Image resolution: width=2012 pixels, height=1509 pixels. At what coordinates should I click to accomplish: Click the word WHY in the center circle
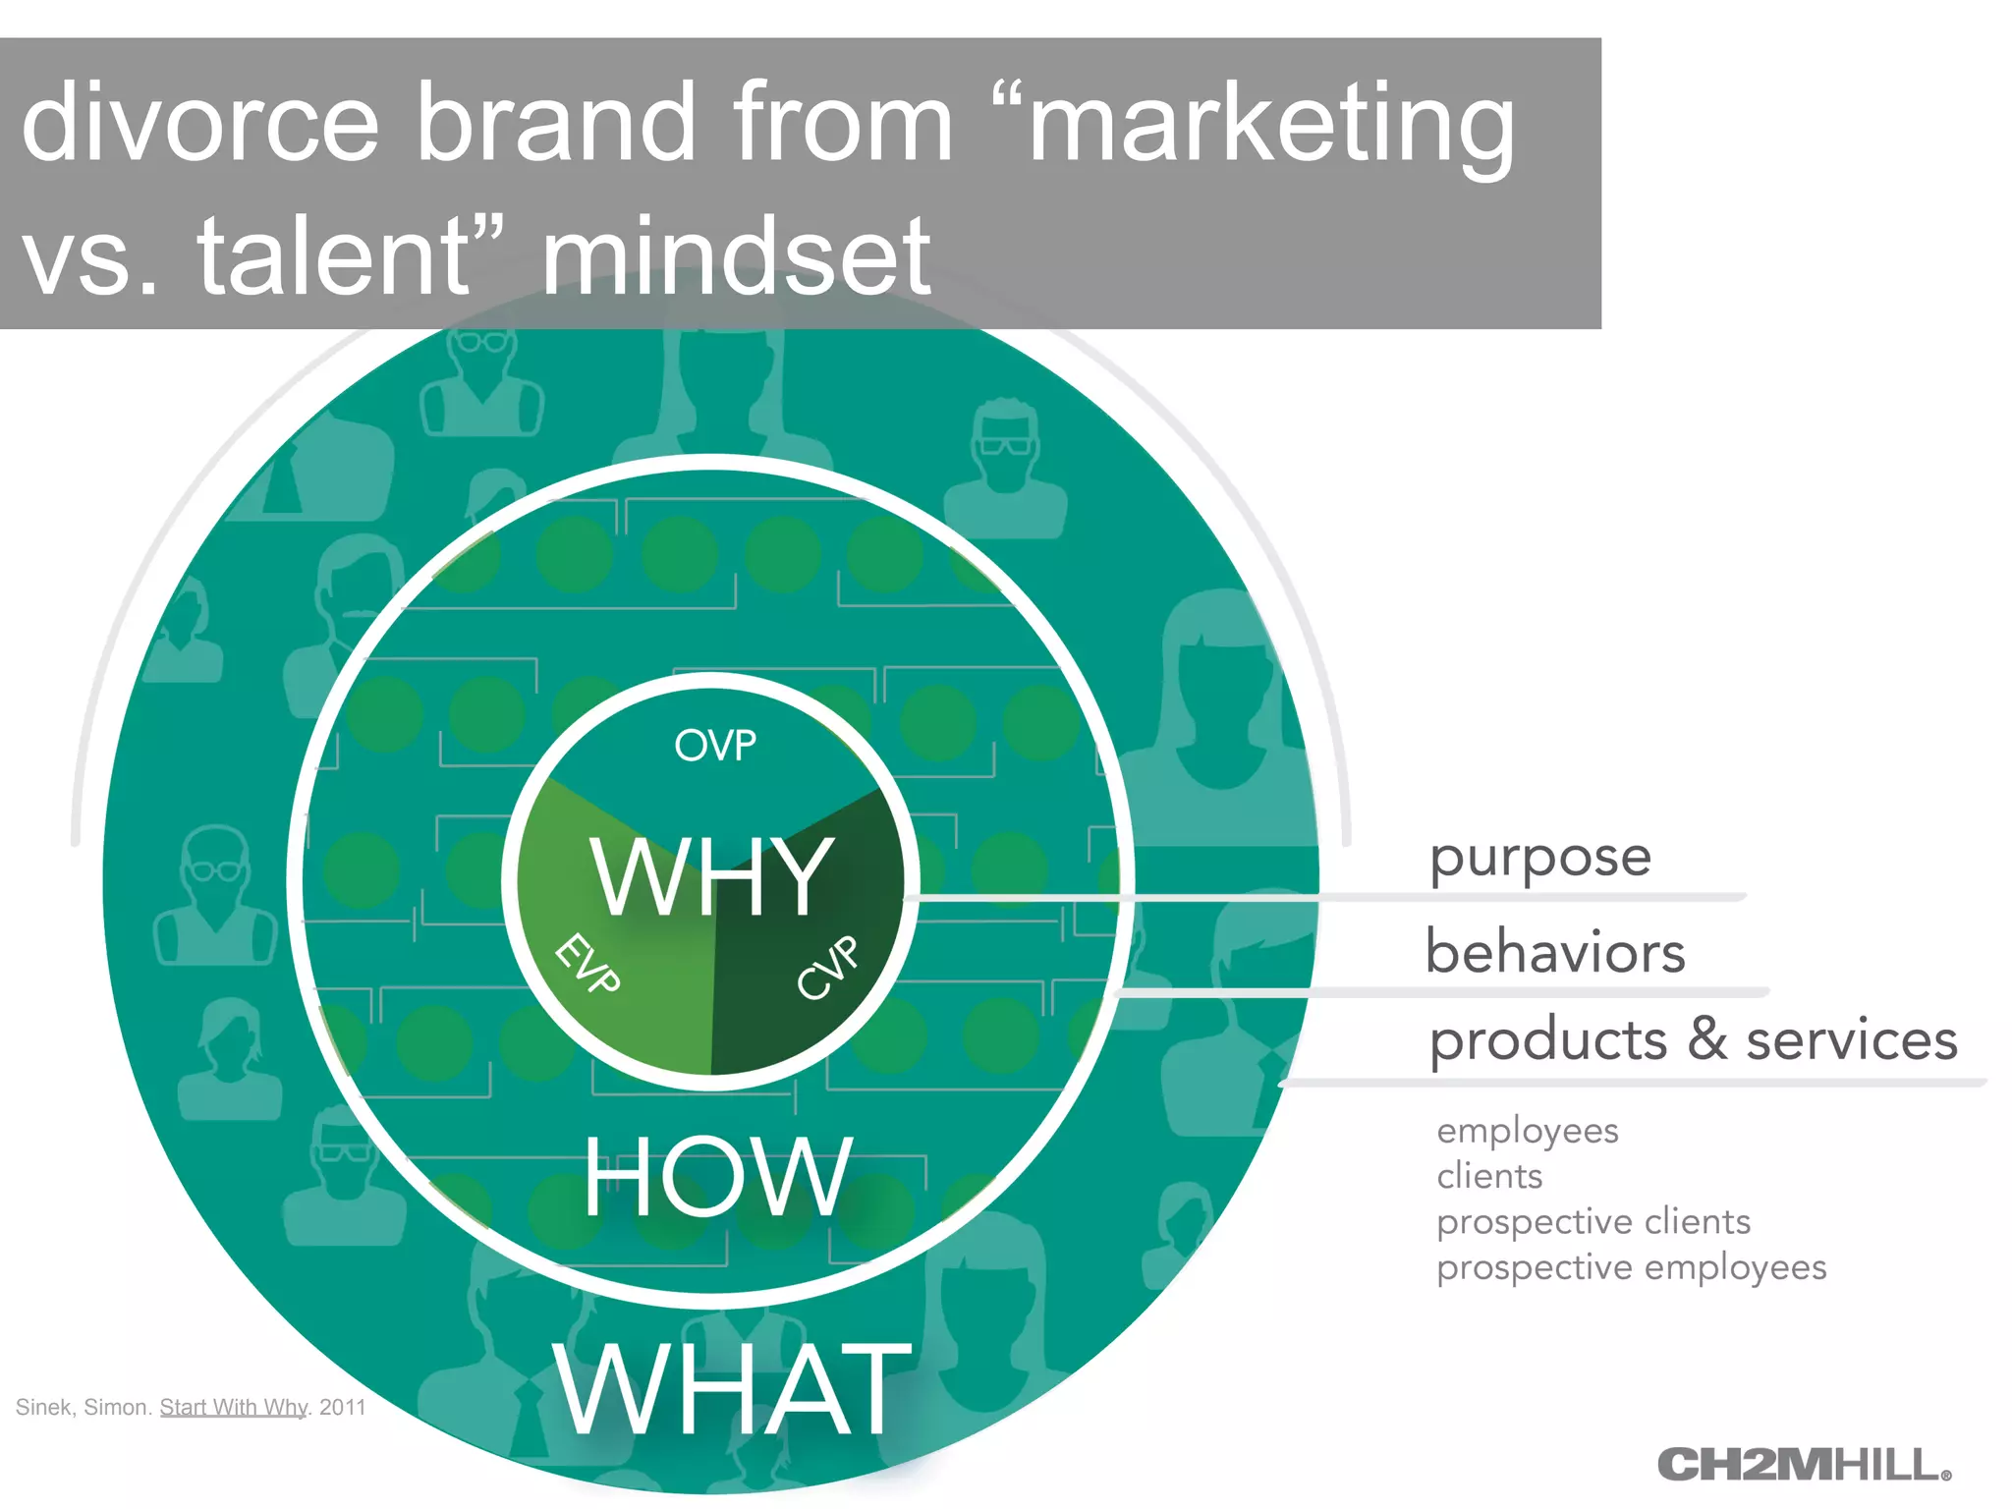tap(712, 877)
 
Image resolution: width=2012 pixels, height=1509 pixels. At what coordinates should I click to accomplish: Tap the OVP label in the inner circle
tap(715, 746)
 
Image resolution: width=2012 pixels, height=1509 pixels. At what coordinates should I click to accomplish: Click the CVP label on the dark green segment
tap(827, 968)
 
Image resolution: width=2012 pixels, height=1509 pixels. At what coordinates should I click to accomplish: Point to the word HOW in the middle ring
tap(717, 1176)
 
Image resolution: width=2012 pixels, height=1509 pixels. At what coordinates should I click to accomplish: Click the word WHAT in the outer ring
tap(732, 1389)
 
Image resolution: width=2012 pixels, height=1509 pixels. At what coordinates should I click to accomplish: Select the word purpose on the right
tap(1539, 858)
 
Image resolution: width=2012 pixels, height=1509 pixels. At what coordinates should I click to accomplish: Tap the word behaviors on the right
tap(1555, 952)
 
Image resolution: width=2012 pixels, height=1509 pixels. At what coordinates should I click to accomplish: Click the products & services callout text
tap(1693, 1039)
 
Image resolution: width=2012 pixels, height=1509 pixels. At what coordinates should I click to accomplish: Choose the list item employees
tap(1527, 1131)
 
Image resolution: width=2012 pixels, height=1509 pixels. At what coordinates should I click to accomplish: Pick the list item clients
tap(1489, 1176)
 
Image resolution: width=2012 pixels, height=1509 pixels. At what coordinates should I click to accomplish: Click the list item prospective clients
tap(1593, 1221)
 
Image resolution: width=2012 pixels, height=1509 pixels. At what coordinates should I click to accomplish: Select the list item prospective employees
tap(1631, 1267)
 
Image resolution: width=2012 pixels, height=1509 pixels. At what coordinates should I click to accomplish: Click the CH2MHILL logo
tap(1803, 1465)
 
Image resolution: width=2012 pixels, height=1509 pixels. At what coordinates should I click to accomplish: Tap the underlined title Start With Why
tap(234, 1407)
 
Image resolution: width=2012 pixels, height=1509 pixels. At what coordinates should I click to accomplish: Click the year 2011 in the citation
tap(342, 1407)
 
